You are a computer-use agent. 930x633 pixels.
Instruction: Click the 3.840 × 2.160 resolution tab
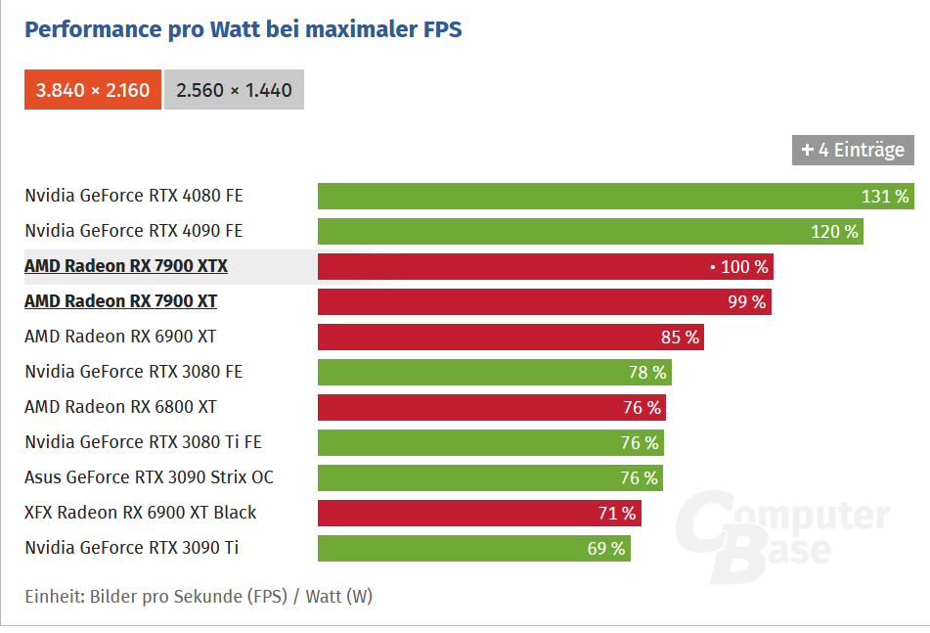[93, 90]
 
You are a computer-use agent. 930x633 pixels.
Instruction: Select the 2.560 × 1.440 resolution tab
[234, 90]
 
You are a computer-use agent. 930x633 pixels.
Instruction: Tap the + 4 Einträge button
[853, 150]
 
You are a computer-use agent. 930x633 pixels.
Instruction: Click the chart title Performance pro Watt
[243, 29]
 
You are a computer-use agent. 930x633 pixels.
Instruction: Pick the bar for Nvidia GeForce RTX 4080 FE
[587, 196]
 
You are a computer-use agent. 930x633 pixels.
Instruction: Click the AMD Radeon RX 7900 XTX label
[126, 266]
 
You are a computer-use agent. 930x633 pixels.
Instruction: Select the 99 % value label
[746, 302]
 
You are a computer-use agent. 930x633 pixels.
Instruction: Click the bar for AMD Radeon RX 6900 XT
[489, 338]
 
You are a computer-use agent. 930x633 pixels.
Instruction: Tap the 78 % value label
[646, 373]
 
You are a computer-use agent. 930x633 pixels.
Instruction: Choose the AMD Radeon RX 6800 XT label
[120, 407]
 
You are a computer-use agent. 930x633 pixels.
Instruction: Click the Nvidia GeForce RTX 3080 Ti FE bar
[469, 443]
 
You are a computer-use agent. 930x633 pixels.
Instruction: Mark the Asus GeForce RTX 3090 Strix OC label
[149, 477]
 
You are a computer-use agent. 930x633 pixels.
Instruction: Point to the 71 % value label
[616, 514]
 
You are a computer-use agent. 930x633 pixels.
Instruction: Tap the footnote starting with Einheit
[199, 596]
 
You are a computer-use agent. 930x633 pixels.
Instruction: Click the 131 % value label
[885, 197]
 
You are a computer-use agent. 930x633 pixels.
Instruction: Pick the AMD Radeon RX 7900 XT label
[120, 301]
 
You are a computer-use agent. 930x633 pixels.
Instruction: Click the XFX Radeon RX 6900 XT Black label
[141, 513]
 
